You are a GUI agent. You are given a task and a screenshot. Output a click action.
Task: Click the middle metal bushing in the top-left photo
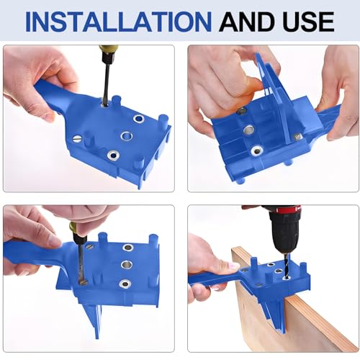(x=127, y=135)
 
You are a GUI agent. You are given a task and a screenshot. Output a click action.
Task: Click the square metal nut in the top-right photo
(x=297, y=134)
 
